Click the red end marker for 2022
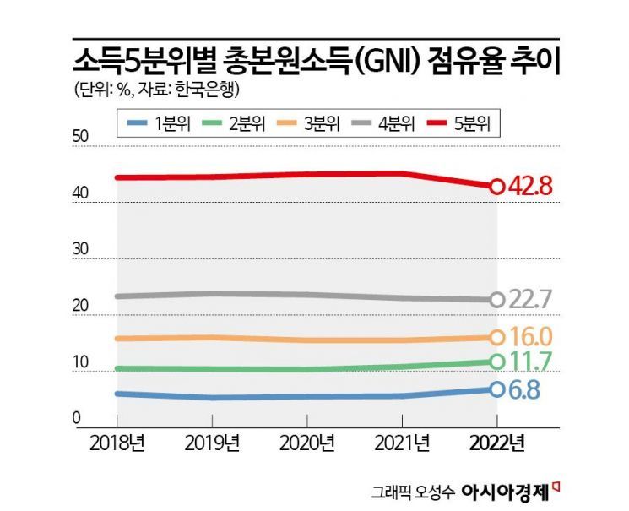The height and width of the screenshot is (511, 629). point(497,186)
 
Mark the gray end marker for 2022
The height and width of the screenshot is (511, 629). point(497,300)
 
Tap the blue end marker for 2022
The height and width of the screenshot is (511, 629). point(497,389)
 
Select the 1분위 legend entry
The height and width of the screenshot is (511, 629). point(156,124)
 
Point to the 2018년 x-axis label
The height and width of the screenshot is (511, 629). point(117,442)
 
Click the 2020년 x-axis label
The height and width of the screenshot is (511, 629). point(307,442)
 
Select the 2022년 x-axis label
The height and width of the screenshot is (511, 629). point(497,442)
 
